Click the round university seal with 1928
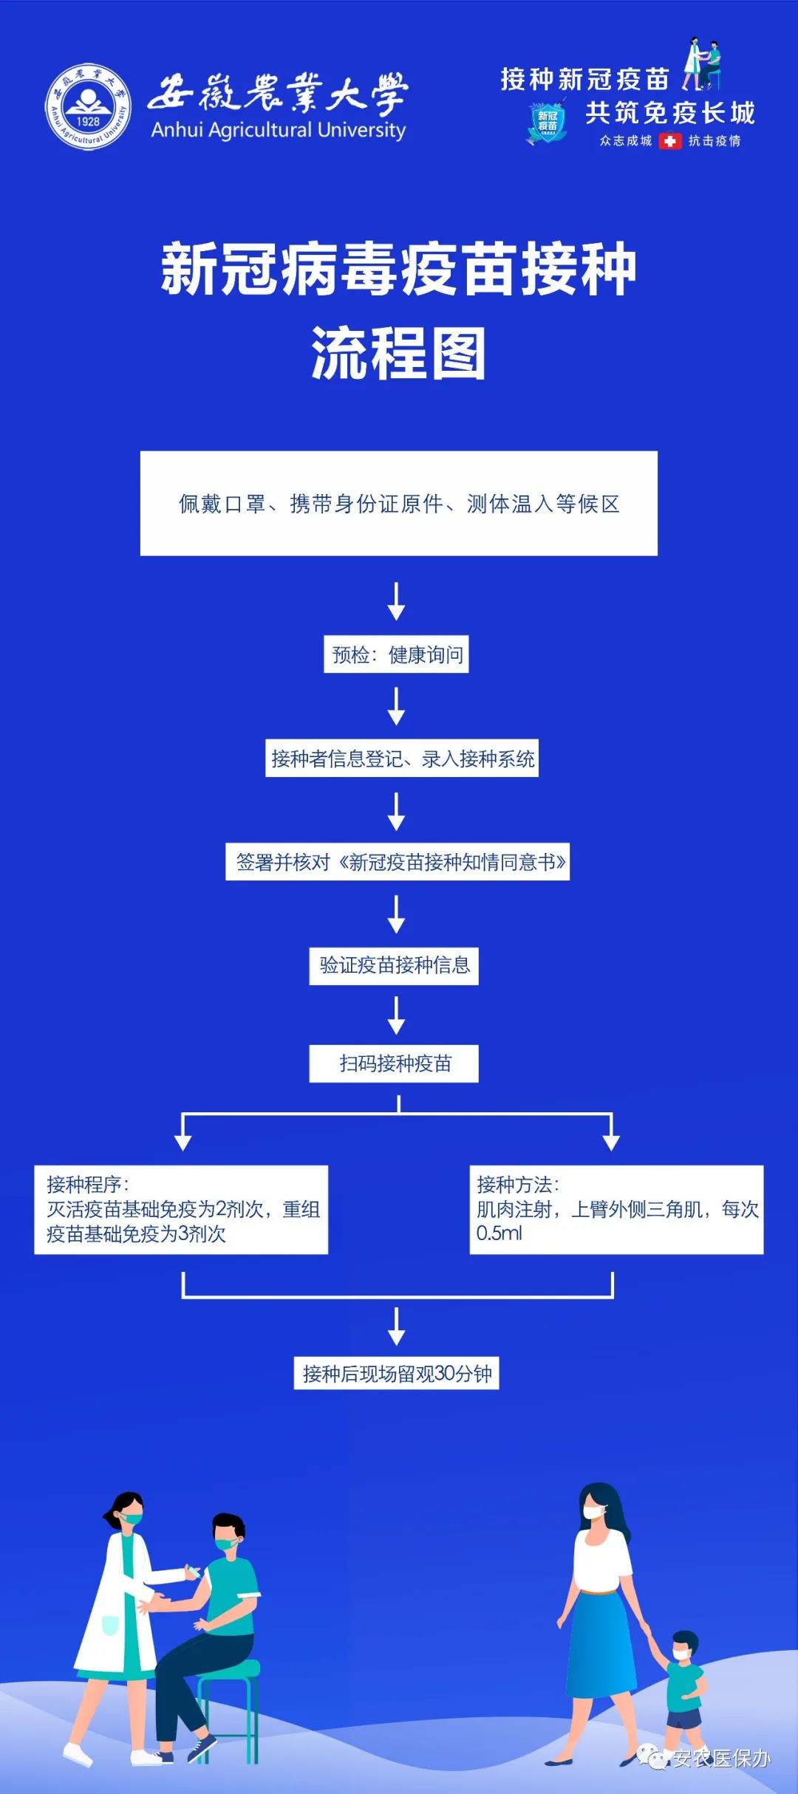click(x=88, y=106)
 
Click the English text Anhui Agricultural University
click(x=278, y=131)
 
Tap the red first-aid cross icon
click(x=669, y=140)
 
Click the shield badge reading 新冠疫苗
click(x=547, y=123)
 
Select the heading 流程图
click(x=398, y=354)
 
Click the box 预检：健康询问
click(x=396, y=654)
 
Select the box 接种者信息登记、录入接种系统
click(x=402, y=759)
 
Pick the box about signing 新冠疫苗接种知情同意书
click(x=398, y=862)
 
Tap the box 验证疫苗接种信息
click(x=394, y=965)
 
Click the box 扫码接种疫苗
click(x=394, y=1064)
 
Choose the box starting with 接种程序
click(x=181, y=1209)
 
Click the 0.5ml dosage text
click(x=499, y=1233)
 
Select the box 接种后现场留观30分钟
click(x=397, y=1374)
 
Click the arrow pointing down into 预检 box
click(x=397, y=601)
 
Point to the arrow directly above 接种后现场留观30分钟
click(x=397, y=1326)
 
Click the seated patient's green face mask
click(x=225, y=1543)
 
